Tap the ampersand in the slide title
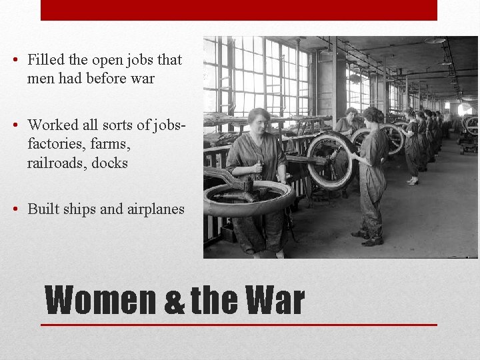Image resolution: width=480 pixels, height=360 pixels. click(175, 302)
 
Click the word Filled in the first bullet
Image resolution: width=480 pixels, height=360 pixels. click(45, 60)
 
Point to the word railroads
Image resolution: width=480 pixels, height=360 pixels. click(57, 163)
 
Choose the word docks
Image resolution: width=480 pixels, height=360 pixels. click(110, 163)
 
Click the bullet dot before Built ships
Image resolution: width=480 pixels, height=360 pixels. click(15, 209)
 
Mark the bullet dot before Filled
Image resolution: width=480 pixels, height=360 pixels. click(15, 60)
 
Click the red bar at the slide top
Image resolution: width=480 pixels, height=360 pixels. click(239, 10)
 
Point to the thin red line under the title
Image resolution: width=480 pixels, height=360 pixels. click(239, 325)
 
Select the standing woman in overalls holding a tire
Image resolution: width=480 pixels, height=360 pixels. click(373, 173)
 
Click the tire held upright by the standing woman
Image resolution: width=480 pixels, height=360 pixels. click(330, 161)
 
